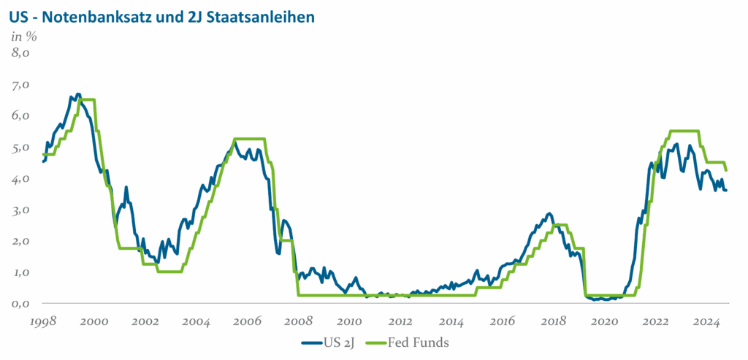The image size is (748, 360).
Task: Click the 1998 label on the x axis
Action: [x=44, y=321]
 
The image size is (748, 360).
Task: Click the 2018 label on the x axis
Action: [x=554, y=321]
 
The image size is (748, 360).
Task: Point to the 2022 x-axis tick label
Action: [x=657, y=321]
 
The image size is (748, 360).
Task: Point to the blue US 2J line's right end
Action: [x=725, y=190]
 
